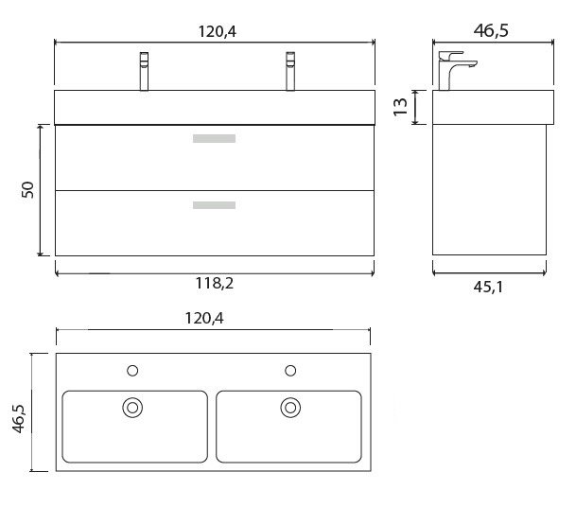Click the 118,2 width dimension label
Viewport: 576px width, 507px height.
pyautogui.click(x=215, y=283)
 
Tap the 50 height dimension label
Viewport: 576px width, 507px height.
pyautogui.click(x=28, y=190)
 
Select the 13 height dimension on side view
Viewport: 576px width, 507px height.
pyautogui.click(x=400, y=107)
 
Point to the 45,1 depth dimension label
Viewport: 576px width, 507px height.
pyautogui.click(x=488, y=287)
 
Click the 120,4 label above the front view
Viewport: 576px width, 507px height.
pyautogui.click(x=218, y=31)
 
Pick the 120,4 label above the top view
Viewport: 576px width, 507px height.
pyautogui.click(x=204, y=318)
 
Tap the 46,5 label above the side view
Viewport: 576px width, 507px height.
pyautogui.click(x=491, y=30)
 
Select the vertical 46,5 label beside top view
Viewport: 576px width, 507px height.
pyautogui.click(x=18, y=418)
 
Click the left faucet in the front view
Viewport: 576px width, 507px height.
pyautogui.click(x=144, y=71)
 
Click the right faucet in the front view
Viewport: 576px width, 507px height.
pyautogui.click(x=290, y=71)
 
